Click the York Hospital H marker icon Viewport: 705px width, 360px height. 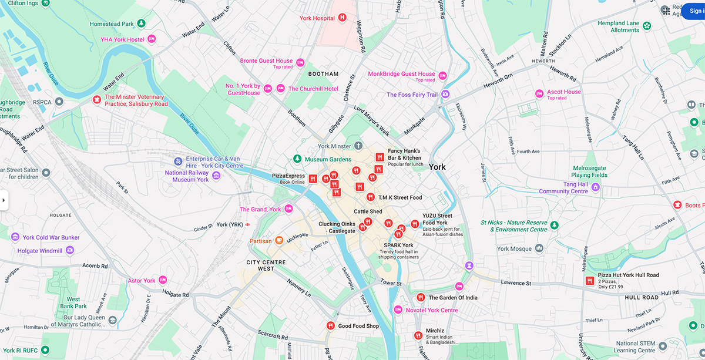point(342,18)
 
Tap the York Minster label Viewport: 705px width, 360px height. point(334,146)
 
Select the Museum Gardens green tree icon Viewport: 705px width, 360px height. point(297,159)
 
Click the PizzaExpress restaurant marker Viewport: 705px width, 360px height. point(313,179)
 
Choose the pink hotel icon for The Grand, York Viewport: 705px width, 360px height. point(288,209)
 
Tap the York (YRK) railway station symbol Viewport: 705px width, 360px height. point(248,224)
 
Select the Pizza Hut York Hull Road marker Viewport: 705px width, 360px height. point(589,281)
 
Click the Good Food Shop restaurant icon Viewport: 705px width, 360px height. point(330,326)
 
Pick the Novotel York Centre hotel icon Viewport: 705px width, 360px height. point(398,309)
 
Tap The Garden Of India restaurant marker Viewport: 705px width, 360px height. point(421,297)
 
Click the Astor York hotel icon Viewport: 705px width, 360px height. point(163,280)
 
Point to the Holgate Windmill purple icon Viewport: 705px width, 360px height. point(70,251)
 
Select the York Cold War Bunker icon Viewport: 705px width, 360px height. point(15,237)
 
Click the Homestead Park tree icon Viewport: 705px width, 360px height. point(141,23)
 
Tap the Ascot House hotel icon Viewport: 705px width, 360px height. point(539,94)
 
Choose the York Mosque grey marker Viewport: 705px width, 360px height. point(539,248)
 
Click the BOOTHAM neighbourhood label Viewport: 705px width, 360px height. point(323,74)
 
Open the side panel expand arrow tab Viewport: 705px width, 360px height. point(4,200)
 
